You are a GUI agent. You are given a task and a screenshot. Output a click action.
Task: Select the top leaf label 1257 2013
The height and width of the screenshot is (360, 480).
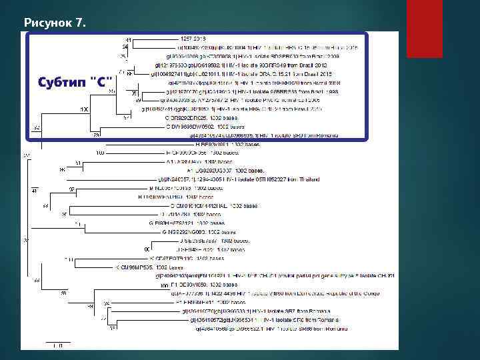tap(194, 41)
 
